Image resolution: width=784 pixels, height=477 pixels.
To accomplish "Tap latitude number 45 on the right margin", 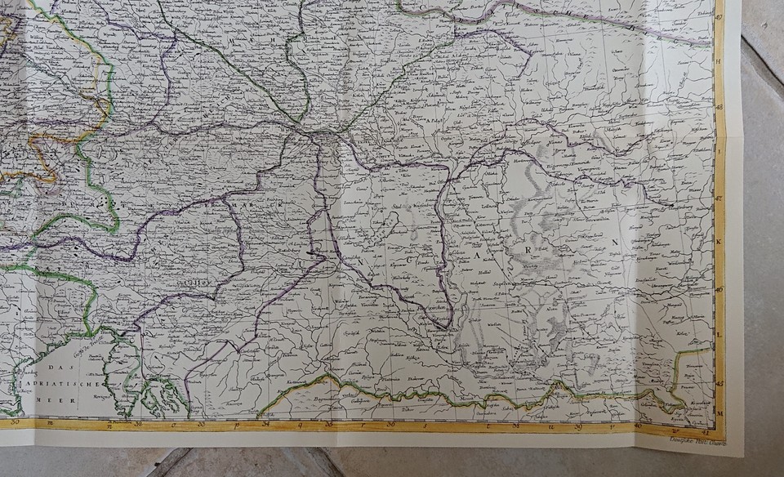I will [719, 381].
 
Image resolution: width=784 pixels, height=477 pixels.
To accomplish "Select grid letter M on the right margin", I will [719, 414].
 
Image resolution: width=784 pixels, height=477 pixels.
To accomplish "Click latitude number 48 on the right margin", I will [719, 105].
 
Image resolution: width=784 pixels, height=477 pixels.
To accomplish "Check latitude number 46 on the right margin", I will [719, 288].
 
